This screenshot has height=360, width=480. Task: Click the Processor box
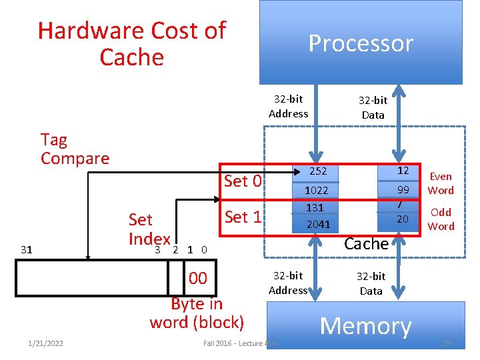click(361, 43)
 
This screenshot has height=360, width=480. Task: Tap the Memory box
click(365, 326)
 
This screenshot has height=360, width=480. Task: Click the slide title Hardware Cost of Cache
click(132, 43)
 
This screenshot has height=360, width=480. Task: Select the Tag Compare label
click(75, 149)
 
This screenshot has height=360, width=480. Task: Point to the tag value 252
click(317, 171)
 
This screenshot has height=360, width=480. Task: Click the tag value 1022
click(317, 190)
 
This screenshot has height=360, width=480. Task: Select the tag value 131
click(315, 207)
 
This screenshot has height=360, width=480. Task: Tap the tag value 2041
click(318, 224)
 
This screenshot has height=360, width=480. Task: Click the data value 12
click(403, 171)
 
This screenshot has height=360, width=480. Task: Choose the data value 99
click(403, 190)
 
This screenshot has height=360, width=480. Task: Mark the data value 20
click(403, 219)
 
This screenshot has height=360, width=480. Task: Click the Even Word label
click(441, 183)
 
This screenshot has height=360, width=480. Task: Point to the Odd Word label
click(441, 219)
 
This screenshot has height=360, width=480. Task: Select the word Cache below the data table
click(366, 244)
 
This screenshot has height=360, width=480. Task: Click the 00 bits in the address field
click(198, 278)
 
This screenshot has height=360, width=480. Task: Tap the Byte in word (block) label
click(197, 313)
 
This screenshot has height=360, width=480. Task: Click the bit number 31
click(27, 250)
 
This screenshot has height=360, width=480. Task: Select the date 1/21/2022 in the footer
click(45, 343)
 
